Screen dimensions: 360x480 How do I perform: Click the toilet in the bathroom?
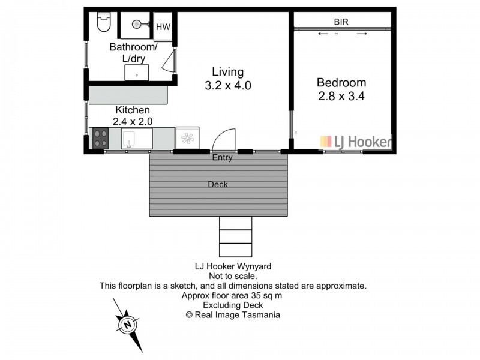104,22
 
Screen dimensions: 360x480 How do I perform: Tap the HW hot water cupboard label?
163,27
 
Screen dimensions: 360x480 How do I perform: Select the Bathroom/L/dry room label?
133,53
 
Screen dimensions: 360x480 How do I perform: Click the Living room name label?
227,73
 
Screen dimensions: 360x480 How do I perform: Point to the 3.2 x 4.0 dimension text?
227,86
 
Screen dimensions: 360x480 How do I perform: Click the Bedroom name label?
341,83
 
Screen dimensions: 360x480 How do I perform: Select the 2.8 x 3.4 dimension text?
341,95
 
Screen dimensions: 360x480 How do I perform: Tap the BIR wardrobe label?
341,22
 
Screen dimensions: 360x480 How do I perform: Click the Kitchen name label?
133,110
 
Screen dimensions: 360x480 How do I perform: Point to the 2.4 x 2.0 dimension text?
133,121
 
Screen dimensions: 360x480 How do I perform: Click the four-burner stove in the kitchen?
100,139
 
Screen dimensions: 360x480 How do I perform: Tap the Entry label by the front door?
222,158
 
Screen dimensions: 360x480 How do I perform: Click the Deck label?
218,184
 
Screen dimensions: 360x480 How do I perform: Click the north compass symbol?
128,325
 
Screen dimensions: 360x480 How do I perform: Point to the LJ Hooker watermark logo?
355,142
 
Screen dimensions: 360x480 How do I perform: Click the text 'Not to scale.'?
233,277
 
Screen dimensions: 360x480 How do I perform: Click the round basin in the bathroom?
137,25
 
